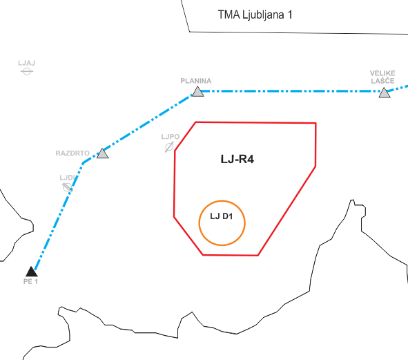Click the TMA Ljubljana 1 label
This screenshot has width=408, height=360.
[x=255, y=15]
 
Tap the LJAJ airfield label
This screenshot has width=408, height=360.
[x=26, y=63]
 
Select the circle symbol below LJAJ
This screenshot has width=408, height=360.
[x=27, y=71]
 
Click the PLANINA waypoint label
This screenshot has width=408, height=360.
[x=196, y=81]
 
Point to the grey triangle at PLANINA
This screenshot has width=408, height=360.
[x=198, y=91]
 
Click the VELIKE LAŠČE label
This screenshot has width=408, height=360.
[x=382, y=77]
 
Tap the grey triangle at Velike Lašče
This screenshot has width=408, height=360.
[x=385, y=93]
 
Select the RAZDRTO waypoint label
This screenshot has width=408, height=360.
[x=72, y=153]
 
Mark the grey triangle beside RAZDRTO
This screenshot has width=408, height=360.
[x=103, y=153]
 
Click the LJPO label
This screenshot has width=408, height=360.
[x=171, y=137]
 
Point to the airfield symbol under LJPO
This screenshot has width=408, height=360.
[x=169, y=147]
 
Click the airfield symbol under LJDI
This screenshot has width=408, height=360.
[x=68, y=187]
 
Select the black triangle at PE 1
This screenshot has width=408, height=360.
[x=32, y=272]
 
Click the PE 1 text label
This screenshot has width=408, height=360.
[x=30, y=282]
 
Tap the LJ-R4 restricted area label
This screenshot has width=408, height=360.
[x=237, y=159]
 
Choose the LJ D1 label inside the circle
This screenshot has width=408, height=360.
[x=222, y=216]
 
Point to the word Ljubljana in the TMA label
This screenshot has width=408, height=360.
[x=263, y=15]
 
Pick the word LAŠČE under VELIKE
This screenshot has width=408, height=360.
[x=382, y=81]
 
